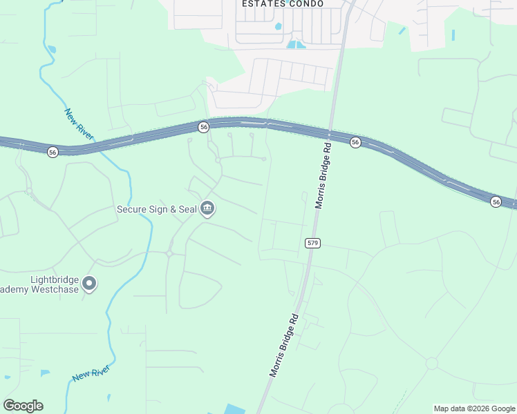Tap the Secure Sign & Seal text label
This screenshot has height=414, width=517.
[x=156, y=209]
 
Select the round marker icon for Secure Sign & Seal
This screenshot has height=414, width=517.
[x=207, y=209]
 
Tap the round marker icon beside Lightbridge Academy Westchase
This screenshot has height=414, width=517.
[x=89, y=284]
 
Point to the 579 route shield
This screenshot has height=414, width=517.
[x=311, y=243]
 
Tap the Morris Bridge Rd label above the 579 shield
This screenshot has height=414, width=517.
[x=323, y=176]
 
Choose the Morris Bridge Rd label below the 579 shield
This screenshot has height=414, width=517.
[x=284, y=345]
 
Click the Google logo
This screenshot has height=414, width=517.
[x=23, y=406]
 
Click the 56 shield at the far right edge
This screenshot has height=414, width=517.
[x=496, y=201]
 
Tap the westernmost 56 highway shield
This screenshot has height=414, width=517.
[x=53, y=152]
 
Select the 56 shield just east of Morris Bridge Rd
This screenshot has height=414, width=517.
[x=355, y=142]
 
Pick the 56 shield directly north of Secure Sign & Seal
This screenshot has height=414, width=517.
[x=203, y=127]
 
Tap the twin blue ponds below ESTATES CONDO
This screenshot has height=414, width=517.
[x=296, y=45]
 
